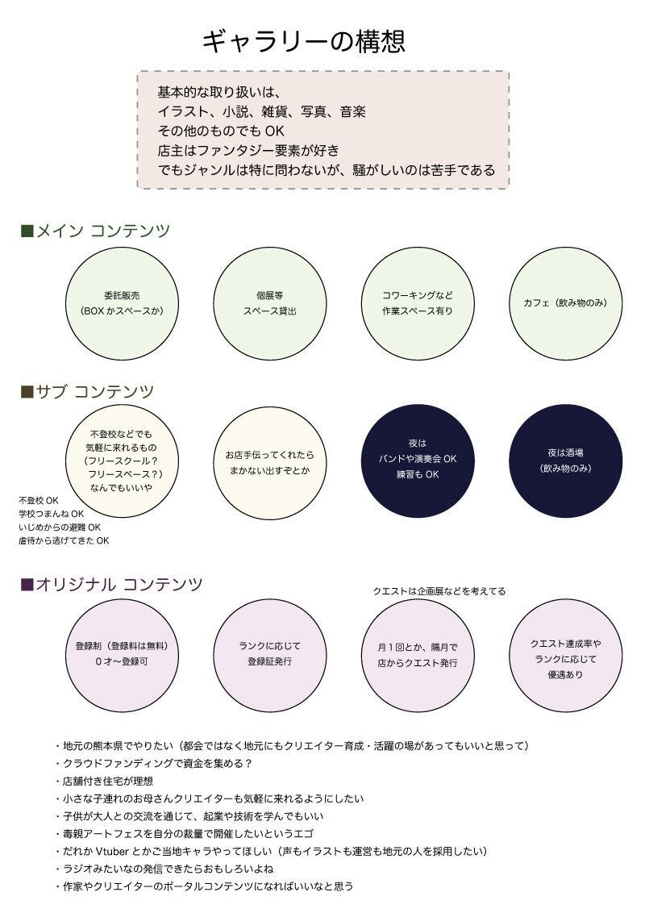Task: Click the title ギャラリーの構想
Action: (302, 41)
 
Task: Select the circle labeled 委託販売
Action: (121, 302)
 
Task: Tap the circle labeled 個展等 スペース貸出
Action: (269, 302)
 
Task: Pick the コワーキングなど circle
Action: (418, 302)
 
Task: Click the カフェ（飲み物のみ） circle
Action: (567, 302)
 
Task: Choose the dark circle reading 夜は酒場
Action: (567, 461)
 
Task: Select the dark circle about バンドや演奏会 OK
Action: (418, 461)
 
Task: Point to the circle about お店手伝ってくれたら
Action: (269, 461)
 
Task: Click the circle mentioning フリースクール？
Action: (121, 461)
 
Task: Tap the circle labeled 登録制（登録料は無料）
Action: (121, 654)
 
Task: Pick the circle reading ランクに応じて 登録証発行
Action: (269, 654)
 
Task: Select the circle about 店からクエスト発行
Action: (418, 654)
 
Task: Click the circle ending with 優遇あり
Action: (567, 654)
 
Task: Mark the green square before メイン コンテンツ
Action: (26, 231)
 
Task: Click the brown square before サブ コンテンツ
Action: (26, 392)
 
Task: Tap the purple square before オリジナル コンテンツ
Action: (26, 584)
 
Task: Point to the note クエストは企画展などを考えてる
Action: (439, 591)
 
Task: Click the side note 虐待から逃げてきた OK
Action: (64, 541)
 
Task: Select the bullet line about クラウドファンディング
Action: (157, 763)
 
